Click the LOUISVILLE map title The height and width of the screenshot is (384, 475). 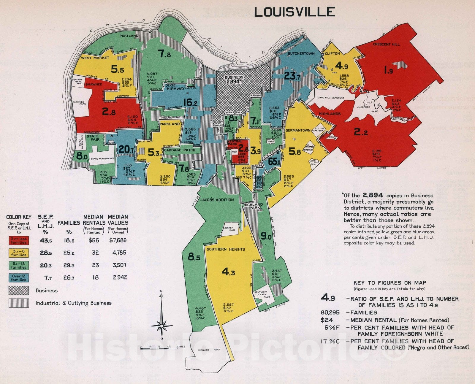294,12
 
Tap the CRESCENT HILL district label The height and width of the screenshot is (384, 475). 386,44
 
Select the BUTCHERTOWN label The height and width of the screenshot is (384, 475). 301,54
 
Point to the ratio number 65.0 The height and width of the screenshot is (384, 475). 274,162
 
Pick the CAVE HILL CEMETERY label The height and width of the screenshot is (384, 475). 331,98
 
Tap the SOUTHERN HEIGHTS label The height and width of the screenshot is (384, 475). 226,249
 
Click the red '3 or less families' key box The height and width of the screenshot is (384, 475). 18,241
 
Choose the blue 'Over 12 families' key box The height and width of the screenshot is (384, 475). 18,278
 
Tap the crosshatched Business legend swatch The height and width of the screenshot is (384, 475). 18,291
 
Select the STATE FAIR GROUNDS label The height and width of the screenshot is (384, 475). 102,159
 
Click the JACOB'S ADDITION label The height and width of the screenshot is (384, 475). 217,200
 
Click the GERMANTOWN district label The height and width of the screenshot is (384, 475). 298,130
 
